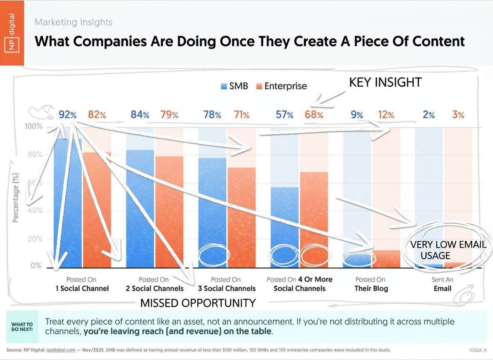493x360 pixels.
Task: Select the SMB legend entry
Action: click(x=234, y=86)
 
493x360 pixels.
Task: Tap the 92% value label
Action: click(x=67, y=115)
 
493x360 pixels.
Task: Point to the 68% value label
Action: click(x=314, y=115)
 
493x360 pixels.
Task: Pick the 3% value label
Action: click(x=458, y=115)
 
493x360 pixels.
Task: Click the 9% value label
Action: click(x=356, y=115)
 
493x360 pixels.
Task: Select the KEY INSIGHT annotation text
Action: click(x=385, y=82)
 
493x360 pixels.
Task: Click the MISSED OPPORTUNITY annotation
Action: click(x=198, y=303)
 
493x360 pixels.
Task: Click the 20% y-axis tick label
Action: click(x=35, y=239)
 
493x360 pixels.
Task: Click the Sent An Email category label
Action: click(x=443, y=284)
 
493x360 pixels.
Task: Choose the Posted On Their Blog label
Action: click(x=371, y=284)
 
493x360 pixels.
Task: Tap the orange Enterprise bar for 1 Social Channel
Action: click(x=97, y=210)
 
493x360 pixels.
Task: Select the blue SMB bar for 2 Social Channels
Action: click(x=140, y=208)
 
